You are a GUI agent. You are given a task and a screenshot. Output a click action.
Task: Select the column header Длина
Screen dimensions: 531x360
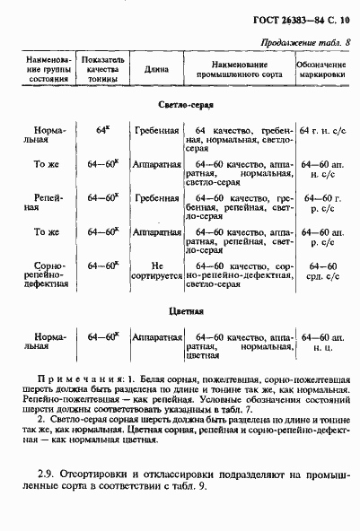tap(151, 66)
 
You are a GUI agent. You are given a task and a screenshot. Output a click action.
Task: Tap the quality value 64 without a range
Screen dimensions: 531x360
tap(101, 130)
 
